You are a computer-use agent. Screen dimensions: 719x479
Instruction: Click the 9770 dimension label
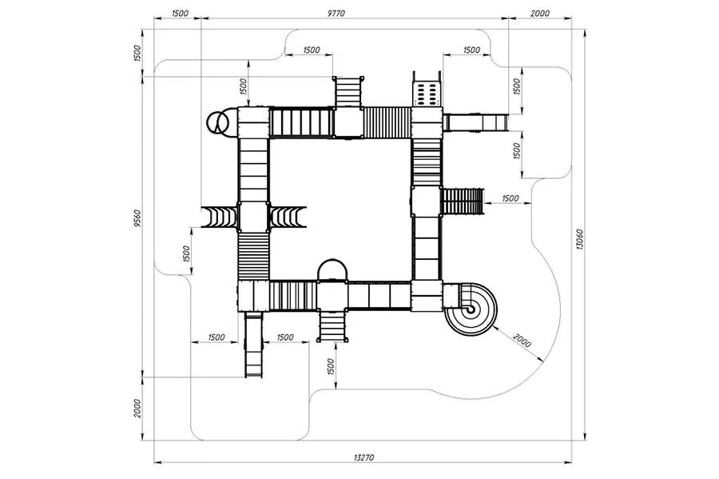point(336,14)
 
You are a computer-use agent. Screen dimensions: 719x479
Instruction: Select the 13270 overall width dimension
point(364,457)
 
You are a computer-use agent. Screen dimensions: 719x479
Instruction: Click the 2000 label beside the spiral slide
point(522,341)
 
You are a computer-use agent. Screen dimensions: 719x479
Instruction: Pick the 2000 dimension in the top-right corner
point(540,14)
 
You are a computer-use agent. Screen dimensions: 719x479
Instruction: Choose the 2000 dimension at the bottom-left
point(137,409)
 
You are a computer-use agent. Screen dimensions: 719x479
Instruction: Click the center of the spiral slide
point(471,309)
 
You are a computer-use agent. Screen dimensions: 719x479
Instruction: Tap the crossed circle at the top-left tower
point(216,122)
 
